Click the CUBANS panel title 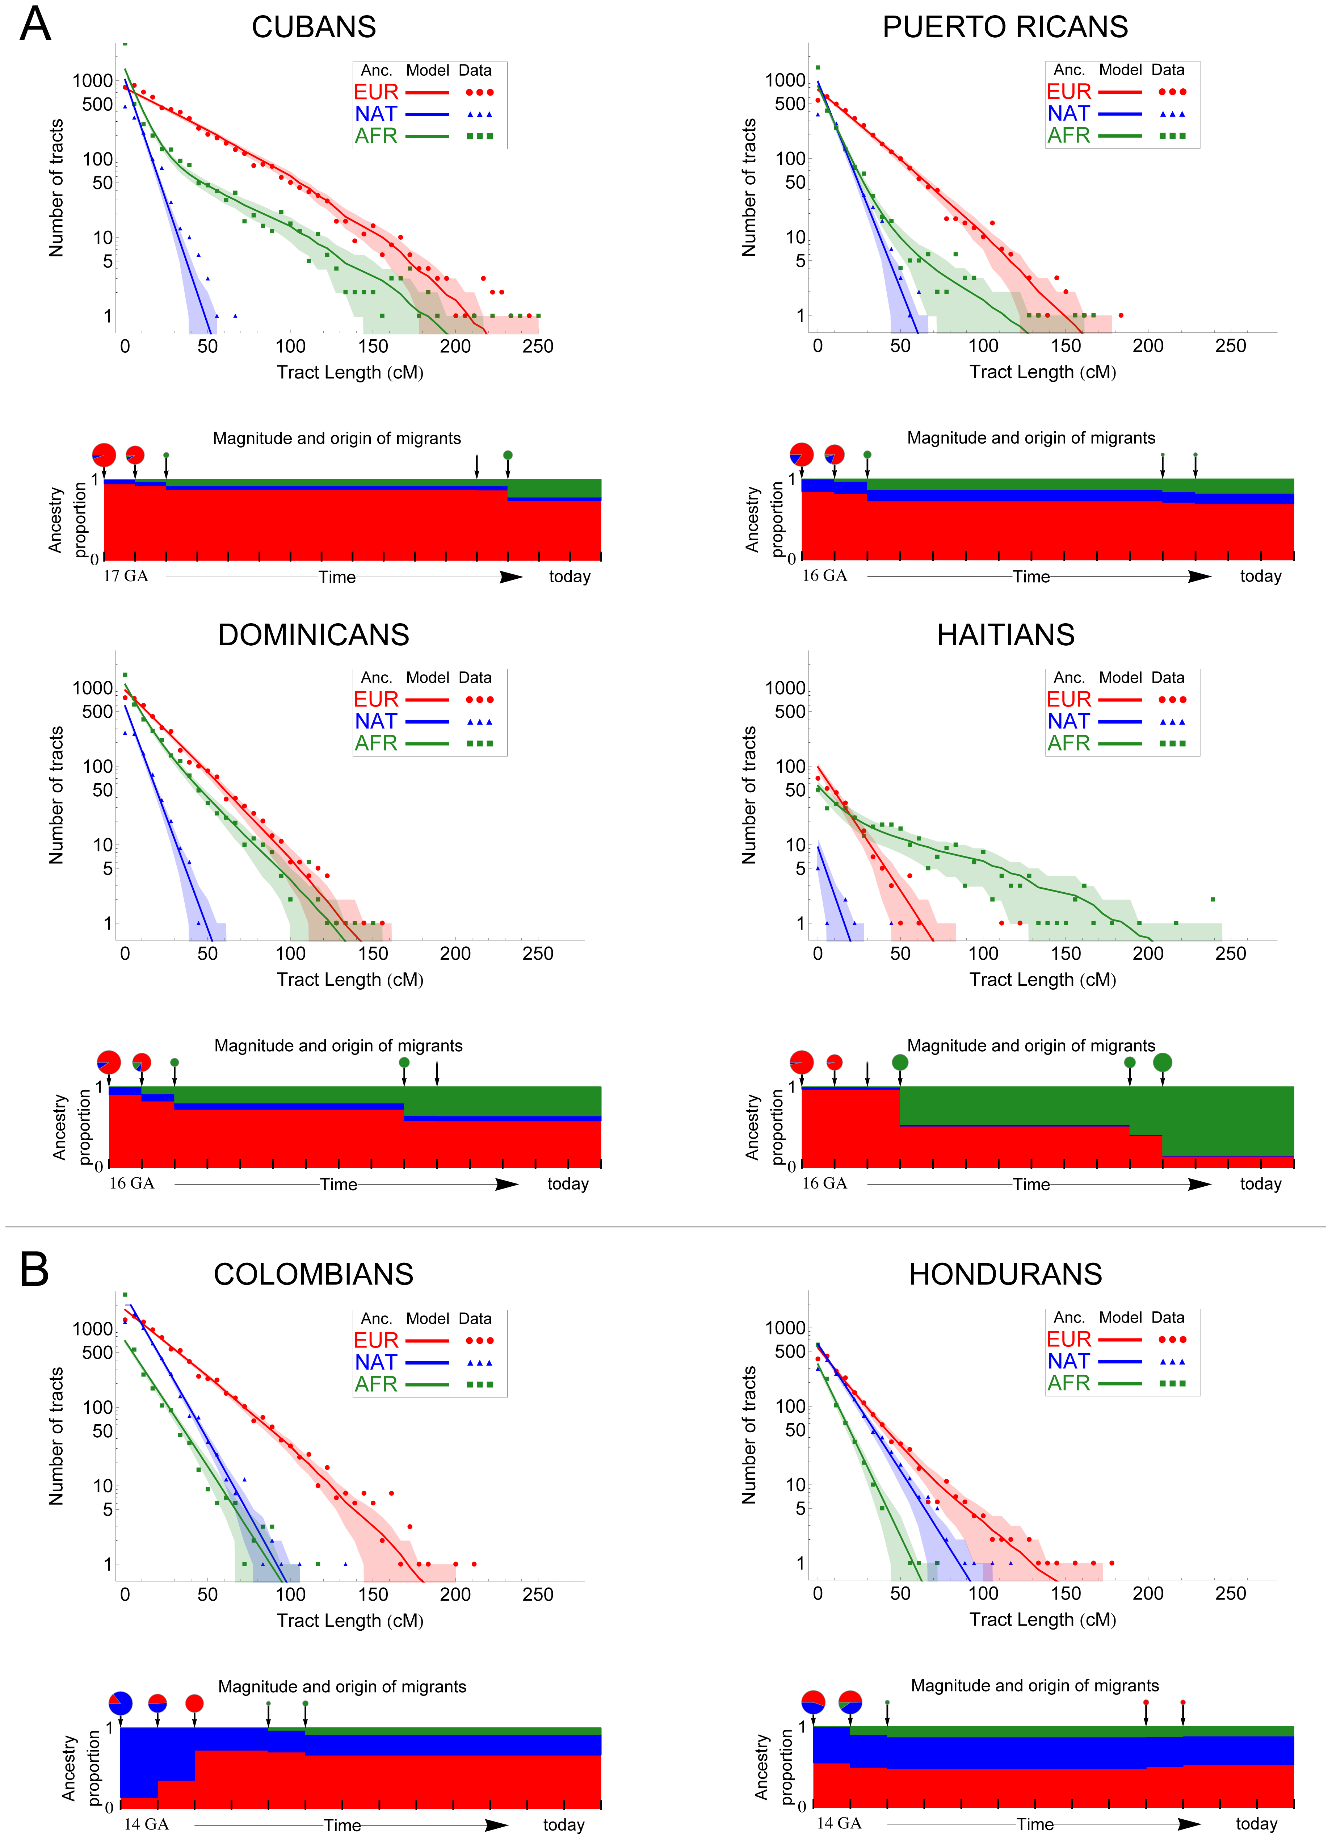point(314,28)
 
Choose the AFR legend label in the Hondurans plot point(1068,1383)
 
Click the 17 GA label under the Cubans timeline point(126,576)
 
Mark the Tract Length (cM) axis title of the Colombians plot point(350,1620)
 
